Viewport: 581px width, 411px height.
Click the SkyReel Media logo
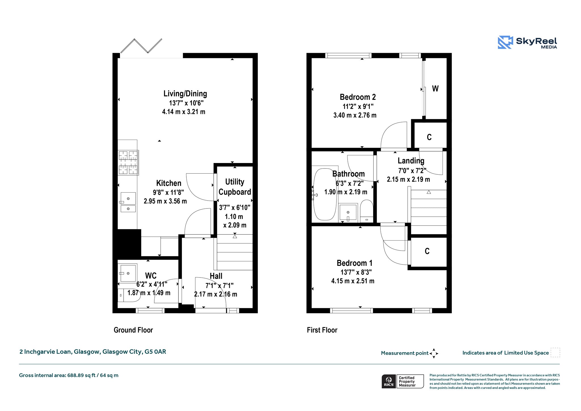coord(527,42)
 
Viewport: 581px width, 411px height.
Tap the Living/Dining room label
coord(185,94)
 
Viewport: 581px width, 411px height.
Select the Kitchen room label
coord(169,183)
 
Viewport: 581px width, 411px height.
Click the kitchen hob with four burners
coord(128,162)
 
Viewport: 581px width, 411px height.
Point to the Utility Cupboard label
coord(235,187)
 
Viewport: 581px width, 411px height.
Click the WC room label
coord(151,276)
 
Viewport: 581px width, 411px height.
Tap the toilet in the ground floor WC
coord(121,295)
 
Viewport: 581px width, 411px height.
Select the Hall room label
coord(216,276)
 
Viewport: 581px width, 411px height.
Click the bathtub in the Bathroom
coord(325,194)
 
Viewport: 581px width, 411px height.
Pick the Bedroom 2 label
coord(358,97)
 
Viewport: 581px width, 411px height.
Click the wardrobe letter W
coord(435,89)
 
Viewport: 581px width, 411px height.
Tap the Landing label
coord(411,161)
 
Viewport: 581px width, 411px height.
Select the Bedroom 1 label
coord(355,263)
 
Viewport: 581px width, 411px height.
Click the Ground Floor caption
coord(133,330)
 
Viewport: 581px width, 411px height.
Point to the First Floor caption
coord(322,330)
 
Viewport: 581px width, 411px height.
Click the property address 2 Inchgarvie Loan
coord(93,352)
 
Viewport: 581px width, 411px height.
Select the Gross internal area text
coord(69,375)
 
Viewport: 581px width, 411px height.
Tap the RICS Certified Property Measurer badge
coord(403,381)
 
